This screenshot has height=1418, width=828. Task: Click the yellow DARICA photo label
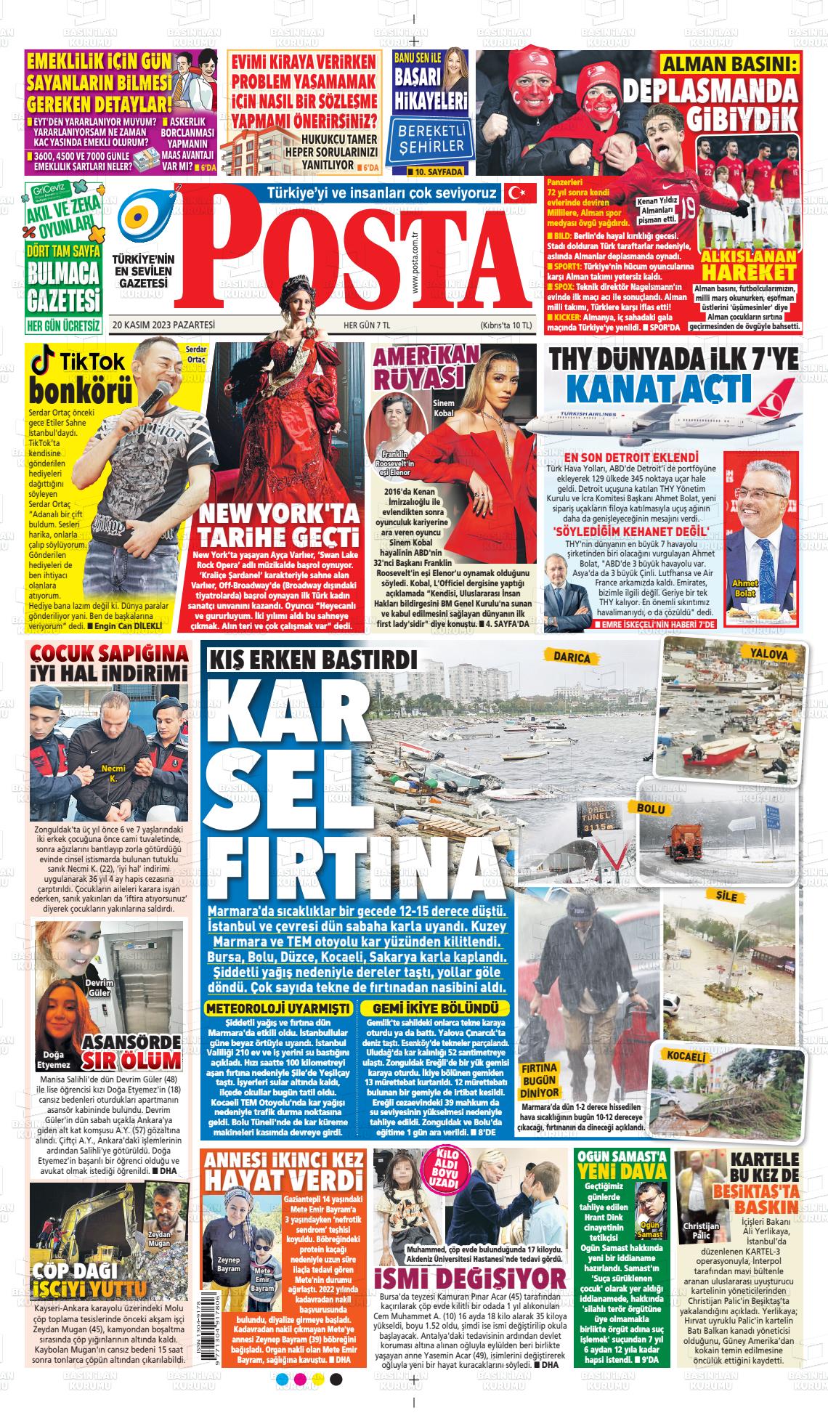pyautogui.click(x=572, y=657)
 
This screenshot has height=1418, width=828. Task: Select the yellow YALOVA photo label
pyautogui.click(x=769, y=655)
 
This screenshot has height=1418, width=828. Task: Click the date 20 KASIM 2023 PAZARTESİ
pyautogui.click(x=164, y=325)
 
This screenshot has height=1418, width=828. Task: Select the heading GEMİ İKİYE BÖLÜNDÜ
pyautogui.click(x=435, y=1008)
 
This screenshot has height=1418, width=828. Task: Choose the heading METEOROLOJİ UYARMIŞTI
pyautogui.click(x=279, y=1008)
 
